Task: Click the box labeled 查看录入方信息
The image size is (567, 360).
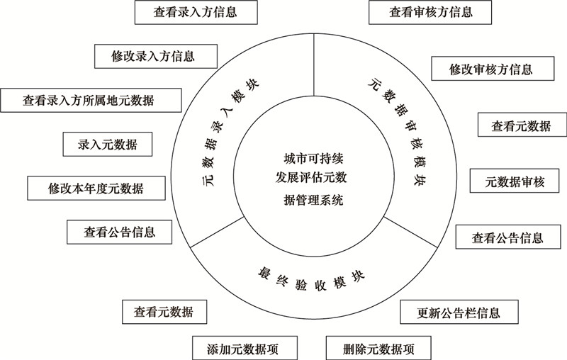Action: click(196, 12)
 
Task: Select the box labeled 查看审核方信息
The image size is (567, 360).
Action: click(430, 12)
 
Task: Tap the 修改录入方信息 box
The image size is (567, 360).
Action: click(156, 57)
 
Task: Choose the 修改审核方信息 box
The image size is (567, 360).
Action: click(493, 69)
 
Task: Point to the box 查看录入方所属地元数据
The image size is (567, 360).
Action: click(91, 100)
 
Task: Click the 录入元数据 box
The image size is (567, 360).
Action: click(108, 145)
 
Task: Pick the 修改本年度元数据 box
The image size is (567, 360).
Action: click(96, 189)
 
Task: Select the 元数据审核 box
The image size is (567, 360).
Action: click(515, 181)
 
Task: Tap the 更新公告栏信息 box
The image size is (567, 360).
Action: click(459, 312)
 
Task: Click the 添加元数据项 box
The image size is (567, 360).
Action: click(245, 348)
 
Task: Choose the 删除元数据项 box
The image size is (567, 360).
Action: click(378, 348)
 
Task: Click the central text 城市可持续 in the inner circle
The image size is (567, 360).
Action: click(313, 158)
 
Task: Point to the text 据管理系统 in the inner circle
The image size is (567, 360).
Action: click(313, 200)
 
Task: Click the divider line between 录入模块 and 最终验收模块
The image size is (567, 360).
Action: click(217, 232)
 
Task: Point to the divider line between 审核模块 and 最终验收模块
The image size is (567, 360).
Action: click(410, 232)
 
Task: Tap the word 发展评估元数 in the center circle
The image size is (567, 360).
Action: click(311, 177)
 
